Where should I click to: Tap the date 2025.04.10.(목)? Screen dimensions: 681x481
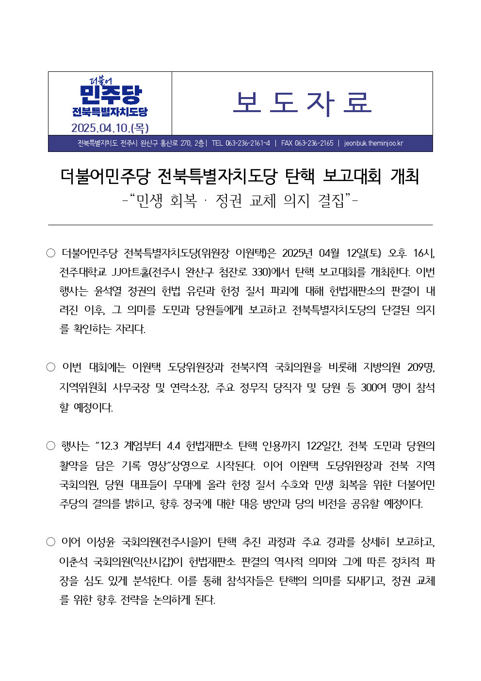[x=110, y=128]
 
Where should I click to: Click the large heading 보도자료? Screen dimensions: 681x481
[x=302, y=103]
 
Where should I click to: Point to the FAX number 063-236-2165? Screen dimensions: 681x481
[x=307, y=143]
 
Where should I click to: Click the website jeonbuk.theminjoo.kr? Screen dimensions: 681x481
[x=373, y=143]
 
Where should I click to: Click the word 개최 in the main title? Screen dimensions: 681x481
[x=404, y=176]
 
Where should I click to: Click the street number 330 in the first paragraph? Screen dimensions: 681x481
[x=261, y=272]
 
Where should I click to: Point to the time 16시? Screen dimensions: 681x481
[x=424, y=253]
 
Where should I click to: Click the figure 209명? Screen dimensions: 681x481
[x=420, y=367]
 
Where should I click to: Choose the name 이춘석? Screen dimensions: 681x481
[x=74, y=562]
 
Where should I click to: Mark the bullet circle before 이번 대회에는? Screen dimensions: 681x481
[x=51, y=367]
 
